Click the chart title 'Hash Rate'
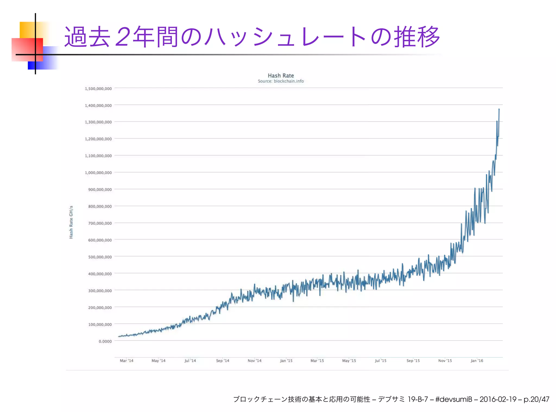tap(281, 76)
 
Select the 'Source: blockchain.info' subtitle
tap(281, 81)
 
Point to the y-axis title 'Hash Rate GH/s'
tap(71, 222)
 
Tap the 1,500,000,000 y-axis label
tap(98, 89)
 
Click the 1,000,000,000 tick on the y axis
tap(98, 173)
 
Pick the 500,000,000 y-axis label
tap(100, 257)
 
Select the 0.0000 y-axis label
tap(105, 341)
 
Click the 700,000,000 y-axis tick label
tap(100, 223)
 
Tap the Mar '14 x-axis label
tap(127, 361)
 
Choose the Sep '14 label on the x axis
tap(223, 361)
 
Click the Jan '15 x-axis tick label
tap(286, 361)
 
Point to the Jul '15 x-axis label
tap(381, 361)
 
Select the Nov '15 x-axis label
tap(445, 361)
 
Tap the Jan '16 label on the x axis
tap(477, 361)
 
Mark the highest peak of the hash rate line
tap(499, 109)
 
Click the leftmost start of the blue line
tap(119, 336)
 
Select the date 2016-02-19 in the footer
tap(498, 399)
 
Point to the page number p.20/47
tap(536, 399)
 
